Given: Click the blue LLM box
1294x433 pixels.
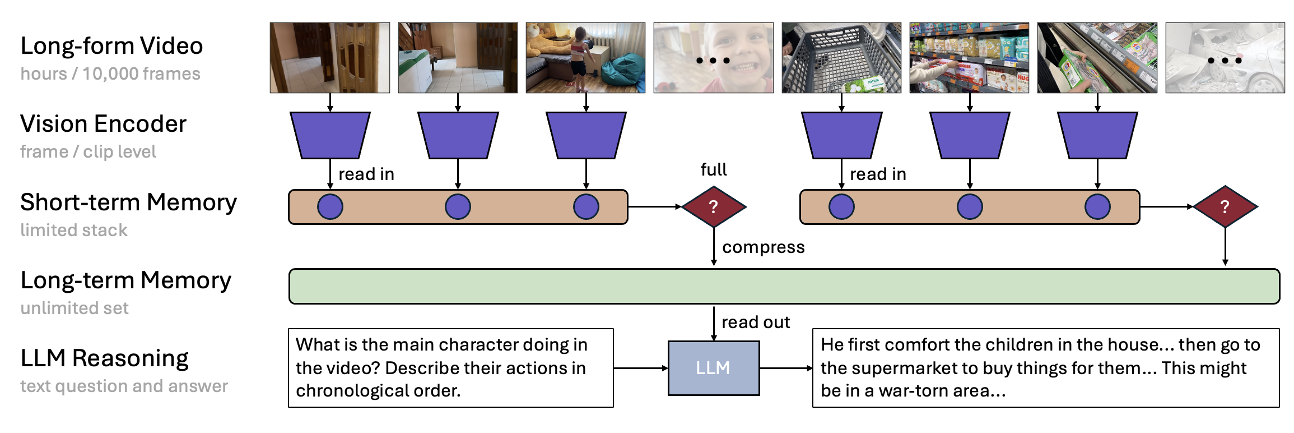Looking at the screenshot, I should (x=713, y=368).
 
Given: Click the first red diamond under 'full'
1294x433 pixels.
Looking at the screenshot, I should (x=713, y=207).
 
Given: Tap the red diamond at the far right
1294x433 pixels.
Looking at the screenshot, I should (x=1225, y=207).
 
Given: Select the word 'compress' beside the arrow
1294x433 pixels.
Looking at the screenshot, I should (x=763, y=247).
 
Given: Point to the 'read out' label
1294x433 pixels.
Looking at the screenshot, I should (x=755, y=323).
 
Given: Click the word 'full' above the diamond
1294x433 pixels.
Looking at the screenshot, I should (x=713, y=170).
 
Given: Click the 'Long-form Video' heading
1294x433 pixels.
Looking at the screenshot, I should (x=111, y=46).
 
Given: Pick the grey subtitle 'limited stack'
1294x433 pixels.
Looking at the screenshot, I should (x=74, y=230).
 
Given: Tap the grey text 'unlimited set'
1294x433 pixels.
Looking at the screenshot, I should (x=75, y=308).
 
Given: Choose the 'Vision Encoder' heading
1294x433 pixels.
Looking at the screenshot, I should (x=103, y=124).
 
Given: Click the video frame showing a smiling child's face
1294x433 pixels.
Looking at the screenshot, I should (x=713, y=58).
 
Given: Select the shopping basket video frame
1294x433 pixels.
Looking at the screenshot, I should (x=841, y=58).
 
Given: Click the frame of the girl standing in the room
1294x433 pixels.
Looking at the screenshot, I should (x=585, y=58).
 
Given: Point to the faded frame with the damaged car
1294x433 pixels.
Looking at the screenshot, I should (x=1225, y=58).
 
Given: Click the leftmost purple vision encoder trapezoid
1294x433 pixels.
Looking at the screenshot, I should (x=330, y=135).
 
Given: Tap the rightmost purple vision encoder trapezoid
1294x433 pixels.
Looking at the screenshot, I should (x=1097, y=135).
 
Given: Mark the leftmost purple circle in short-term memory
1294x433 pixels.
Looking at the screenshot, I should (x=330, y=207).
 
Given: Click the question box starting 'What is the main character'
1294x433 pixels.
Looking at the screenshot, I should (x=450, y=368).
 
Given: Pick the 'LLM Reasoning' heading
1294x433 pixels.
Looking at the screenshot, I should (x=104, y=358).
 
